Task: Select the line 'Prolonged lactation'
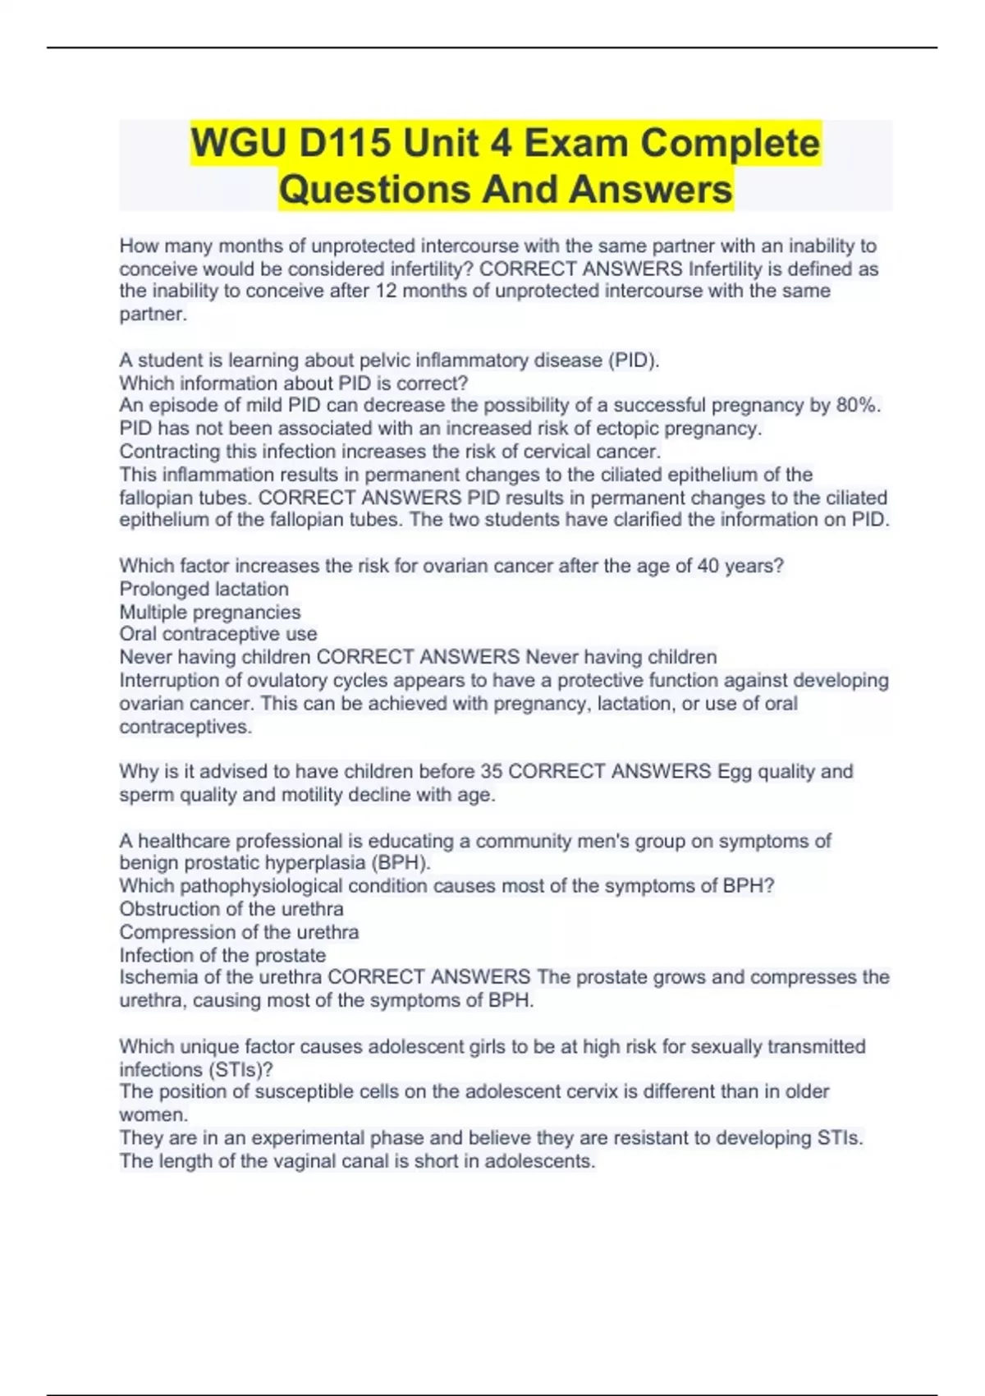pyautogui.click(x=204, y=589)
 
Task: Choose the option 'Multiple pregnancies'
pyautogui.click(x=210, y=612)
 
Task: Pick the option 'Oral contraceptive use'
pyautogui.click(x=218, y=634)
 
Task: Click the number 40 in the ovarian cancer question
pyautogui.click(x=708, y=566)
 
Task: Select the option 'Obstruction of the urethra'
pyautogui.click(x=231, y=909)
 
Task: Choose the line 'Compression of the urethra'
pyautogui.click(x=239, y=932)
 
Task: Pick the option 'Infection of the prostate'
pyautogui.click(x=222, y=955)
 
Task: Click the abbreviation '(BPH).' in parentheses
pyautogui.click(x=401, y=863)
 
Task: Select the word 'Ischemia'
pyautogui.click(x=158, y=977)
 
